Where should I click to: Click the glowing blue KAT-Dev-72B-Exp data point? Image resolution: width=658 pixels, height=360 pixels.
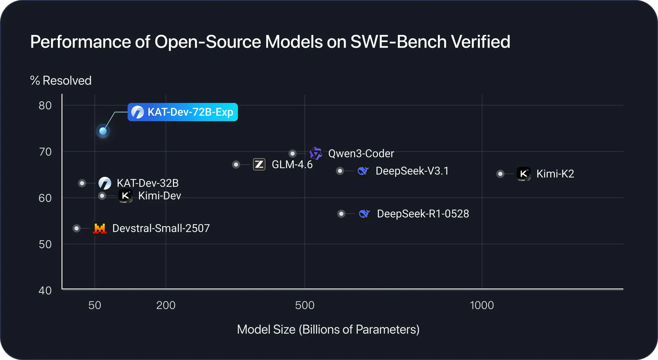103,131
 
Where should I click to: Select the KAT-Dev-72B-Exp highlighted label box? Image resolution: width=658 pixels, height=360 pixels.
183,112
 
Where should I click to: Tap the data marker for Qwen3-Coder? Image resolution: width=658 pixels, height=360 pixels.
292,153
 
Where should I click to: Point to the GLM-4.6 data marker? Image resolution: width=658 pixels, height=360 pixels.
236,165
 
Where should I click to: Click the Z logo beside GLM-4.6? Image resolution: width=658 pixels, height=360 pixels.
259,165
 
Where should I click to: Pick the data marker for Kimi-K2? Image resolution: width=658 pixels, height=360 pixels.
500,174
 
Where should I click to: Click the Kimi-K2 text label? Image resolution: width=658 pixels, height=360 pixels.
555,174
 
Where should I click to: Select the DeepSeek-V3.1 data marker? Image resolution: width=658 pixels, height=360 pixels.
340,171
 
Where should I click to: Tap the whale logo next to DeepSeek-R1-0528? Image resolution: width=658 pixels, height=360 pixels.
364,214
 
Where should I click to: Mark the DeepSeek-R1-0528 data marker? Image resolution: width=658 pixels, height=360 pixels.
341,214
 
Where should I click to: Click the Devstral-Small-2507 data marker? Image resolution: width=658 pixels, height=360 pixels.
76,228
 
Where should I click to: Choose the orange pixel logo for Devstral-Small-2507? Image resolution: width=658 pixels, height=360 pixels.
100,228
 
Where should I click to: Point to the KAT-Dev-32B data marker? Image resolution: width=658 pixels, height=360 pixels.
82,183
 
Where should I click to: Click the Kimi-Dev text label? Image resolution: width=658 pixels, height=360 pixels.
159,196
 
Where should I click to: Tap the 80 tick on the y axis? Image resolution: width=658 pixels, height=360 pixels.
45,106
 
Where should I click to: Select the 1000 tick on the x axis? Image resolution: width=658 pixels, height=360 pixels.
482,305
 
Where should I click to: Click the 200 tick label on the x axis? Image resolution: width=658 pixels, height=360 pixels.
166,305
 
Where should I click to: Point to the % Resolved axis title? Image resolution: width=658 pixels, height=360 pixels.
61,81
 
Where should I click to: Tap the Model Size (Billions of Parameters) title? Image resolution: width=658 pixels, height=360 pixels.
328,329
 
